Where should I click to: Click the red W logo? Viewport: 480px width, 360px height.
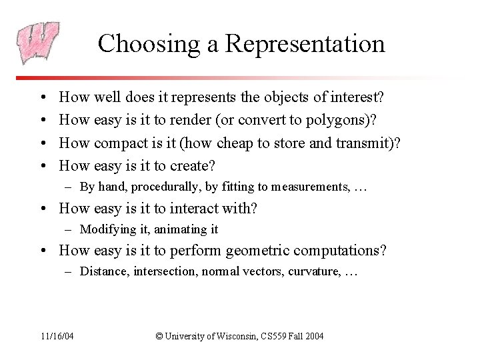tap(38, 42)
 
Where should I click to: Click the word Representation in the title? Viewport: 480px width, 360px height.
tap(305, 44)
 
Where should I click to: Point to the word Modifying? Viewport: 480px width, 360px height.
tap(103, 230)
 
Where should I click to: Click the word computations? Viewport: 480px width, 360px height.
tap(347, 251)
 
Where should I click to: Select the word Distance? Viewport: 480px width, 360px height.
tap(101, 272)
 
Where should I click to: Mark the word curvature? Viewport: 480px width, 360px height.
tap(315, 272)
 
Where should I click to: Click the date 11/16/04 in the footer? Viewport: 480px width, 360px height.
tap(57, 336)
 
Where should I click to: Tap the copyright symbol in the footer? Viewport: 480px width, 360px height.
tap(159, 336)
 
